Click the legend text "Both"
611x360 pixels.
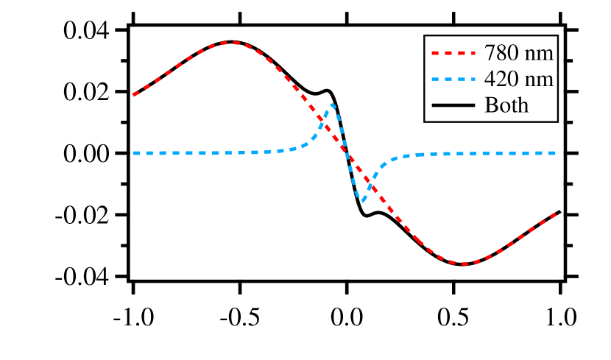pyautogui.click(x=506, y=105)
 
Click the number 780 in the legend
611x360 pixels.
pyautogui.click(x=500, y=53)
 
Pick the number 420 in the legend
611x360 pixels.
pyautogui.click(x=500, y=79)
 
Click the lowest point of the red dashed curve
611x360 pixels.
pyautogui.click(x=464, y=264)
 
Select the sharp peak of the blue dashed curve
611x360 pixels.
pyautogui.click(x=333, y=105)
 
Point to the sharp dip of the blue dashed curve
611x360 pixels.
pyautogui.click(x=362, y=200)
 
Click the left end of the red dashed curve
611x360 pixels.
pyautogui.click(x=133, y=95)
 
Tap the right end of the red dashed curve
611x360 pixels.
pyautogui.click(x=555, y=213)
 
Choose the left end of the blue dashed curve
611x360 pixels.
pyautogui.click(x=134, y=153)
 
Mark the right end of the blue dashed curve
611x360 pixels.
pyautogui.click(x=555, y=153)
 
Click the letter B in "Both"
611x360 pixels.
pyautogui.click(x=490, y=105)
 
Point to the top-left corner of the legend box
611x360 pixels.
pyautogui.click(x=423, y=34)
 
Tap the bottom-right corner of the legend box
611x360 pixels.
pyautogui.click(x=559, y=123)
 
